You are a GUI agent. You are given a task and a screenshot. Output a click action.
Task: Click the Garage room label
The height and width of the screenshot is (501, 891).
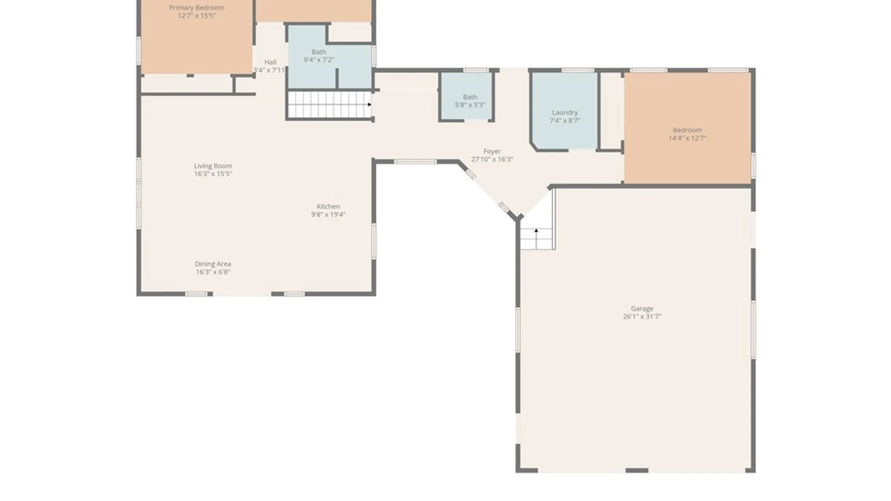coord(642,308)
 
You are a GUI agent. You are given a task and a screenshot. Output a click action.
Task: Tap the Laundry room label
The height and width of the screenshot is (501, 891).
coord(565,112)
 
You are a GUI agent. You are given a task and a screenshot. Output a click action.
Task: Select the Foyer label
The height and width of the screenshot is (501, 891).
coord(492,151)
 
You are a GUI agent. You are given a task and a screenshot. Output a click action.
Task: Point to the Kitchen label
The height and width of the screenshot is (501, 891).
coord(328,206)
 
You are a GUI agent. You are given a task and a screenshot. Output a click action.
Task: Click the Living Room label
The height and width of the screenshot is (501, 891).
coord(213,166)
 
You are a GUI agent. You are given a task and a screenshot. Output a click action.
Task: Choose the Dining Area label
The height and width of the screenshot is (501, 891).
coord(213,264)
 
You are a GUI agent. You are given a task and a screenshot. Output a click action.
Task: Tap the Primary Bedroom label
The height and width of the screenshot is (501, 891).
coord(197,7)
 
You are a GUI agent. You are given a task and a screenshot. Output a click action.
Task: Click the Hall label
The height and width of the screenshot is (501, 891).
coord(270,62)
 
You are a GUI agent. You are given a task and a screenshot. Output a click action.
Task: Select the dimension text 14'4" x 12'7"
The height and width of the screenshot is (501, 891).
coord(687,138)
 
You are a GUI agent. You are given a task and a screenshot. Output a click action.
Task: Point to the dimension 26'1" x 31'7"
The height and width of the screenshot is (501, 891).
coord(642,316)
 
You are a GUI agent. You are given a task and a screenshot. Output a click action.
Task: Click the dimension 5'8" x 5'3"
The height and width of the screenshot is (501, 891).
coord(470,105)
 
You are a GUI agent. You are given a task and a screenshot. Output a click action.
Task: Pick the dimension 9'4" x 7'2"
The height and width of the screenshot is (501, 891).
coord(319,60)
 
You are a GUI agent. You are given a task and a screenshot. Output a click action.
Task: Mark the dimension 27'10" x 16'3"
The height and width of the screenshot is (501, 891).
coord(492,159)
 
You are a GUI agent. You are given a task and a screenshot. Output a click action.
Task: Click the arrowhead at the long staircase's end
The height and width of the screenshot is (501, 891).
coord(369,104)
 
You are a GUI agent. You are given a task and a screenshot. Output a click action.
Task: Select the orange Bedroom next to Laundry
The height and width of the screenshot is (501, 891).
coord(687,128)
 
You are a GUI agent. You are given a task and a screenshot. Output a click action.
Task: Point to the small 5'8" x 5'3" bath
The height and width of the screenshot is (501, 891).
coord(467,97)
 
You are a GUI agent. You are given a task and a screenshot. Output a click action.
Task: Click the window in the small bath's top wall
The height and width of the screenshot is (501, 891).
coord(476,71)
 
